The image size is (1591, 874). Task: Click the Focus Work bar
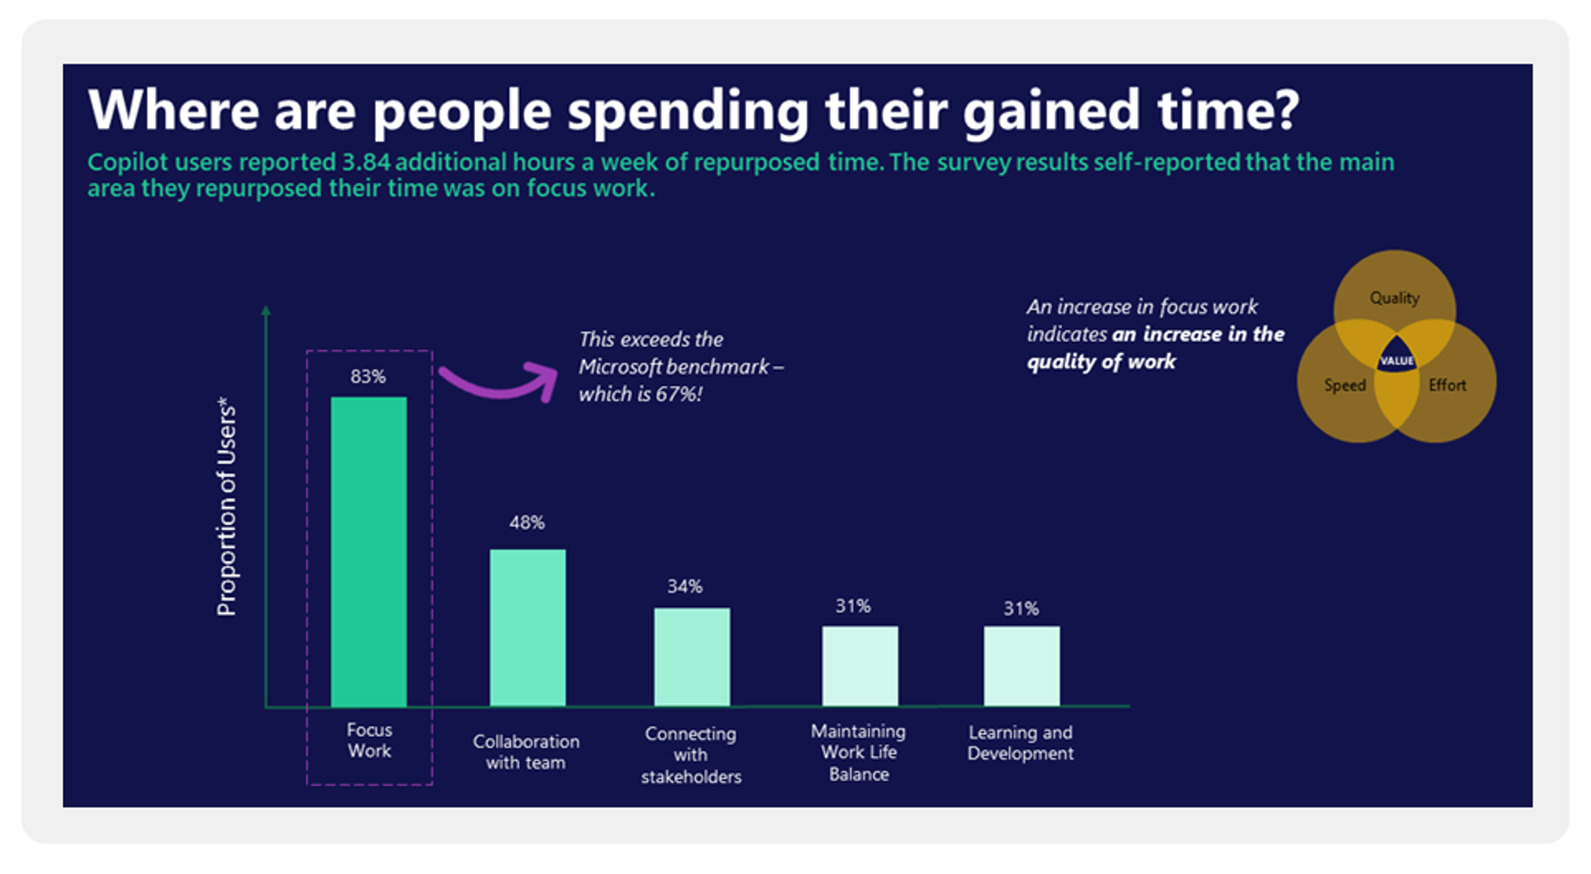point(369,551)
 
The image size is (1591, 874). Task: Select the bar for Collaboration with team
point(527,628)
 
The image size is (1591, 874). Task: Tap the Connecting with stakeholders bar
point(692,657)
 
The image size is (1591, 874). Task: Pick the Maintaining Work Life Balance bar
point(860,666)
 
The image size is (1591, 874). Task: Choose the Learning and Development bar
point(1022,666)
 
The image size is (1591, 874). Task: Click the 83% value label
point(368,377)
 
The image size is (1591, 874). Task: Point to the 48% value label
point(527,522)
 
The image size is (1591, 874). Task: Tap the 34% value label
point(685,586)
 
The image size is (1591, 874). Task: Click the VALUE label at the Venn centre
point(1397,360)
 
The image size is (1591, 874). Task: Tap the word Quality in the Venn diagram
point(1394,298)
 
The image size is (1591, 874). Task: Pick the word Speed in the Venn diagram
point(1345,385)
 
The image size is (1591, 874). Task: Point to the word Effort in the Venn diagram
point(1447,385)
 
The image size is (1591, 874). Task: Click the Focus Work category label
point(369,740)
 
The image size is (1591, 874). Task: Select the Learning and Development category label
point(1020,743)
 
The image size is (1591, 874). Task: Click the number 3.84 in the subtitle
point(367,162)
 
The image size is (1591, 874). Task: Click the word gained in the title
point(1051,109)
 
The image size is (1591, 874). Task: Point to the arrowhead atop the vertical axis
point(266,310)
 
